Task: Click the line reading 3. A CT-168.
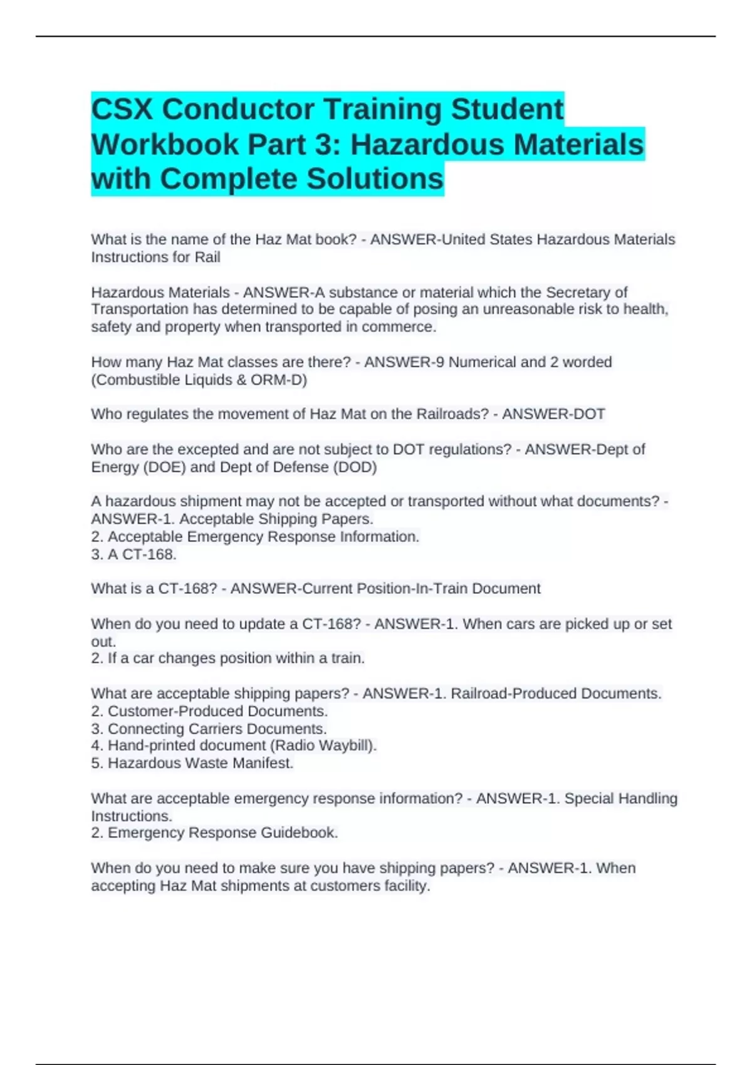[x=133, y=554]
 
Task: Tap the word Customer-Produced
[x=175, y=712]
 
